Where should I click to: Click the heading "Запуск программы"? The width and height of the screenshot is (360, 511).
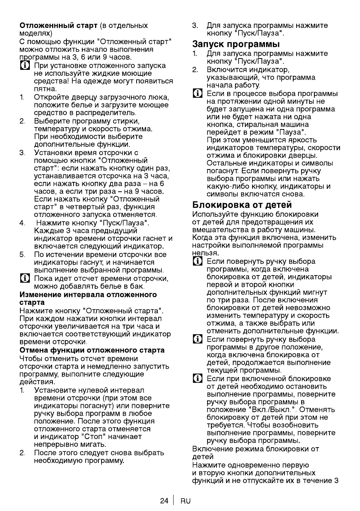[x=236, y=44]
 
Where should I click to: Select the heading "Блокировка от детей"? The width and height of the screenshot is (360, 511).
[x=242, y=205]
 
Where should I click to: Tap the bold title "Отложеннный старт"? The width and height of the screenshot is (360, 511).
[x=58, y=26]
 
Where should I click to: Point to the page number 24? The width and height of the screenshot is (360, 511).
[x=164, y=501]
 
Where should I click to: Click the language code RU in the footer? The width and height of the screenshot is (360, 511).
[x=186, y=501]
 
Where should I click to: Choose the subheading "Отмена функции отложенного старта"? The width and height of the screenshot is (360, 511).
[x=92, y=350]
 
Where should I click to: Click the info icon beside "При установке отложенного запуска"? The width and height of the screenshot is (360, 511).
[x=25, y=66]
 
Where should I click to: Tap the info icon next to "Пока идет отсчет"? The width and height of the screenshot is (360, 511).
[x=25, y=279]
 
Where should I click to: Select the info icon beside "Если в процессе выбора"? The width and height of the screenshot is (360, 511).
[x=197, y=94]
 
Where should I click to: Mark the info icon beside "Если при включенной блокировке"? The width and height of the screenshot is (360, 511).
[x=197, y=379]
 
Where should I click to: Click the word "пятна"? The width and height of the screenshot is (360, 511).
[x=45, y=89]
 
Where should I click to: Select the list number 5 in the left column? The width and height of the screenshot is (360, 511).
[x=22, y=255]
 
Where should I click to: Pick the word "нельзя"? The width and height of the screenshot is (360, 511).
[x=205, y=253]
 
